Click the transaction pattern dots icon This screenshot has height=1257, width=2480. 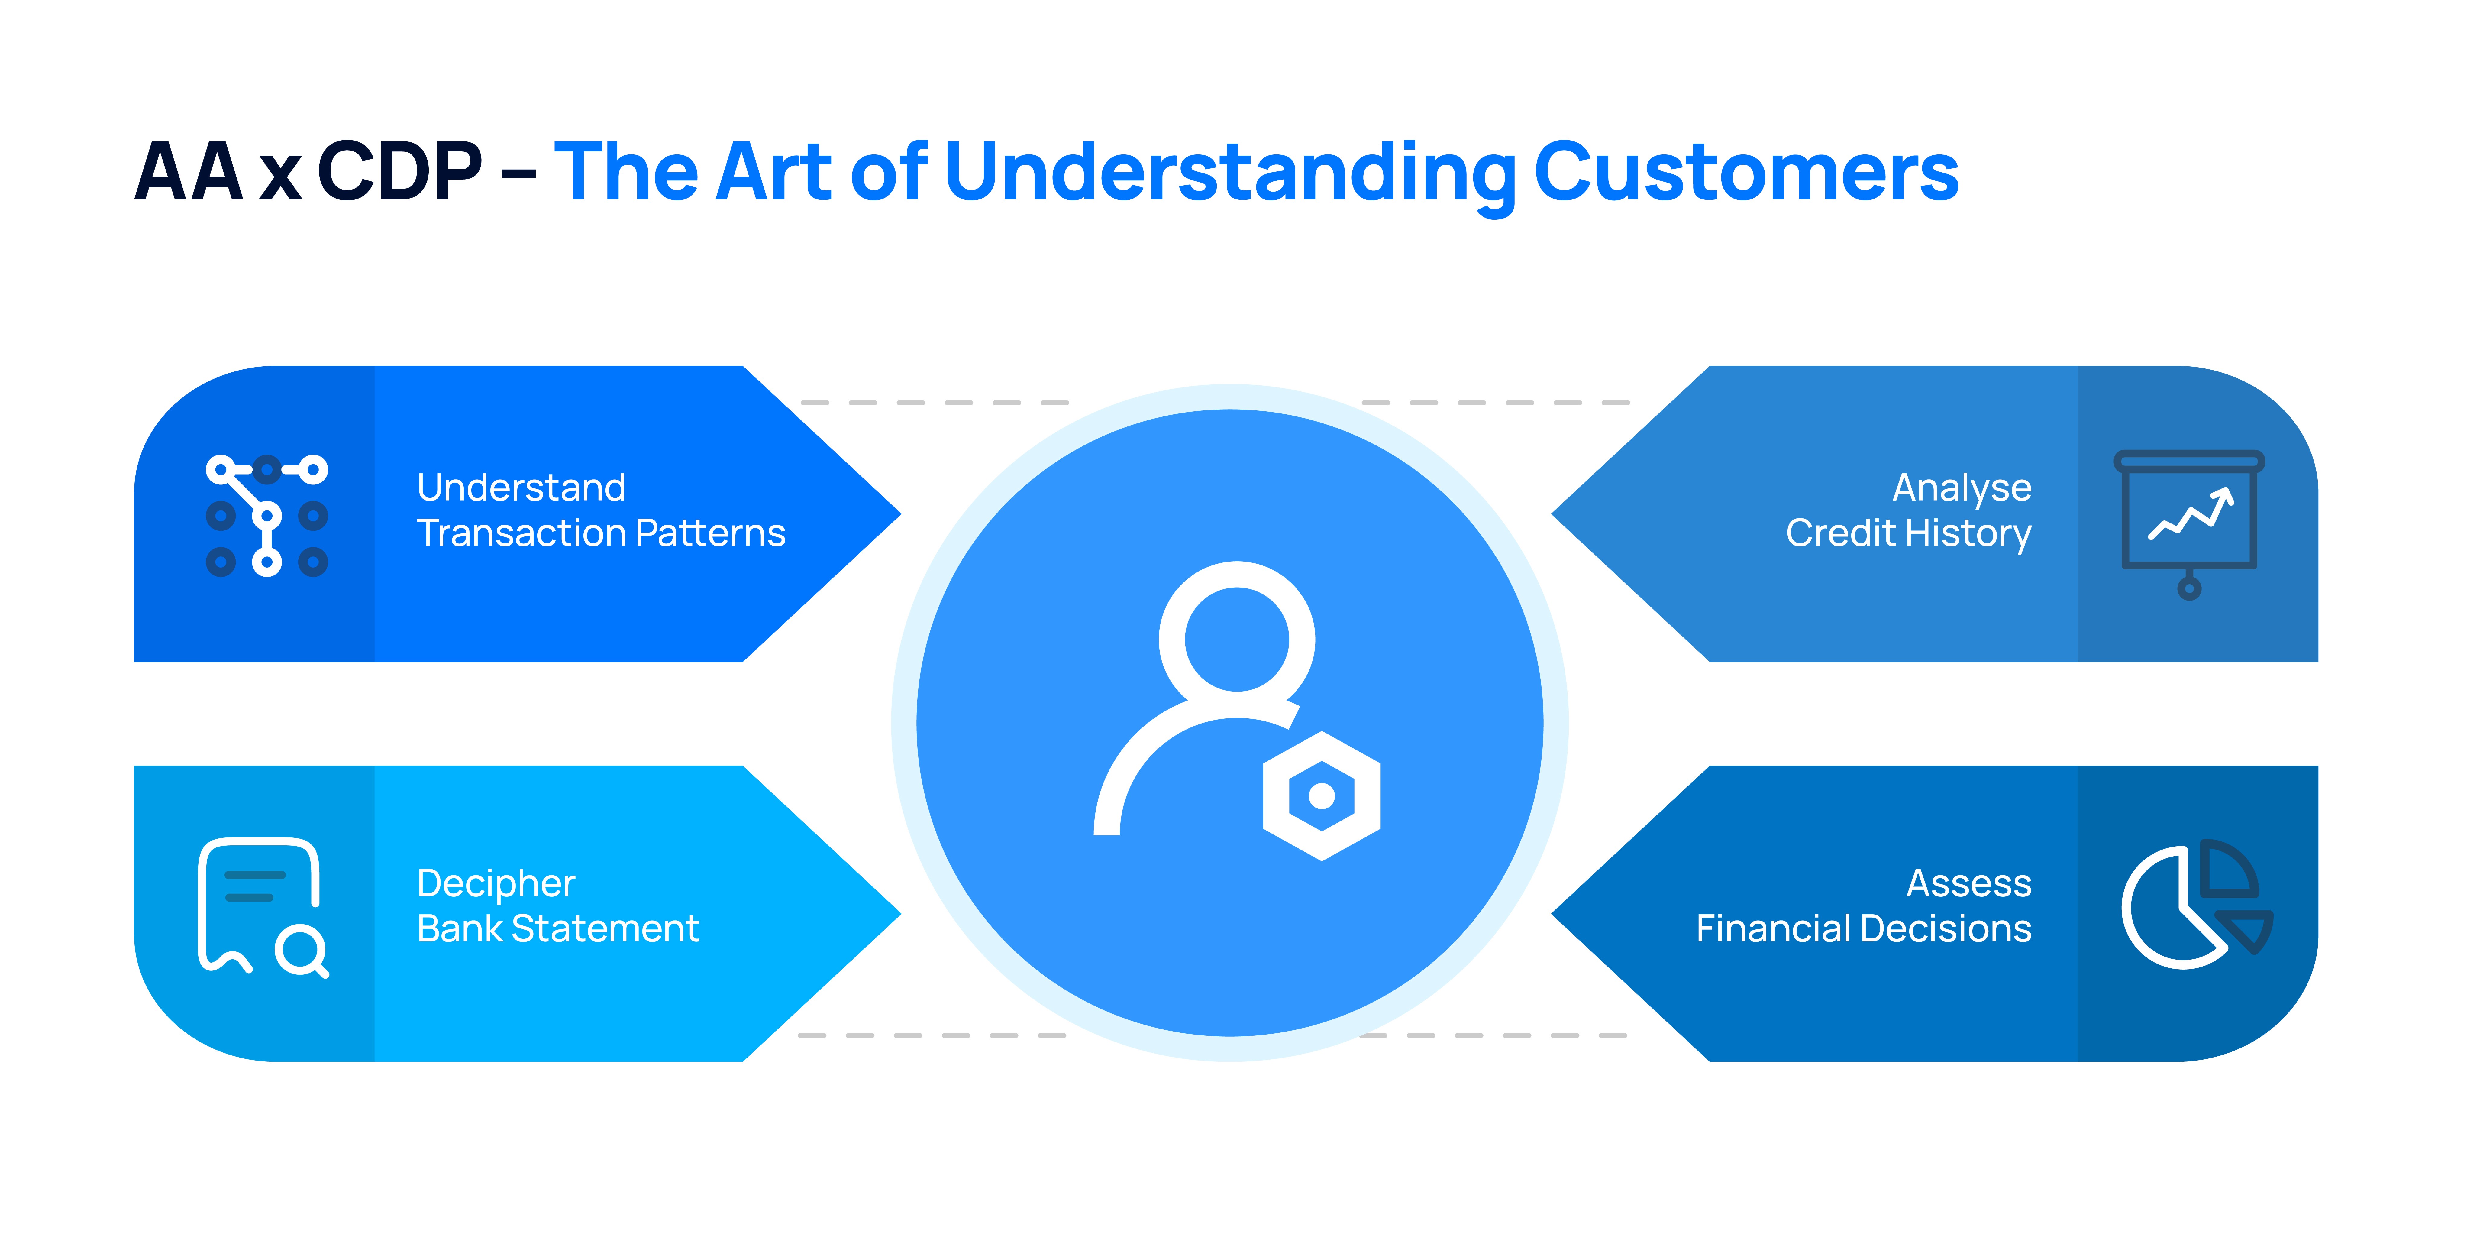[267, 515]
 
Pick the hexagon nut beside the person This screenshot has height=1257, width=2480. [1322, 795]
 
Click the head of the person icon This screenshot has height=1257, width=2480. [1237, 640]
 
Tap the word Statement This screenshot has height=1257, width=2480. [605, 928]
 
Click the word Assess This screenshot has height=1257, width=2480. [1969, 883]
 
